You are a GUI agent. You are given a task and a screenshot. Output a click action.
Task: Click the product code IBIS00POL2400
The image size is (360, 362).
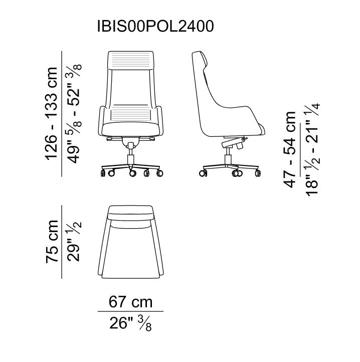click(155, 26)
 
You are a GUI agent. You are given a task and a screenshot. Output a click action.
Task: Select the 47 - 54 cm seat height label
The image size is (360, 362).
click(290, 149)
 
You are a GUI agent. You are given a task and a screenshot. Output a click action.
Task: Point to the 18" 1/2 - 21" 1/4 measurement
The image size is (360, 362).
click(313, 149)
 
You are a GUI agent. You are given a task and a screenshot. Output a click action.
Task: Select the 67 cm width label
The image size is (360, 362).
click(130, 302)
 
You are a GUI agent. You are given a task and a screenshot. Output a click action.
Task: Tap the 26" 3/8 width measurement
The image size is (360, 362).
click(130, 323)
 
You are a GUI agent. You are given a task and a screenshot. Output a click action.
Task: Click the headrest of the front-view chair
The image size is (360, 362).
click(131, 60)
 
